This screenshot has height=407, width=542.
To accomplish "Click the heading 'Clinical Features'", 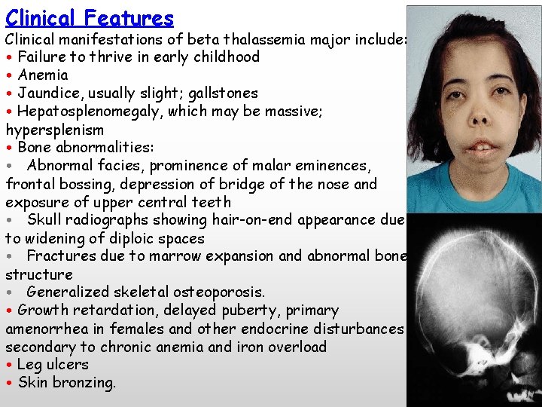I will pos(90,17).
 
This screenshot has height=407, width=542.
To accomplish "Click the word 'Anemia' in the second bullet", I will pos(43,75).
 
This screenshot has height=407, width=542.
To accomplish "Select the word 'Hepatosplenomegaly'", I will pos(90,112).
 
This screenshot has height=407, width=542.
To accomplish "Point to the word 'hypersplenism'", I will pos(54,130).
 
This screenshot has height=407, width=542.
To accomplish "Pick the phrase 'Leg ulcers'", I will pos(53,365).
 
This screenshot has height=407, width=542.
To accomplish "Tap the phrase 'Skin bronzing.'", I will pos(67,383).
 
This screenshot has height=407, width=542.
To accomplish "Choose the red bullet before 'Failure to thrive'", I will pos(9,57).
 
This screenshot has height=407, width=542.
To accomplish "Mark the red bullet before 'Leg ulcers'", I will pos(9,365).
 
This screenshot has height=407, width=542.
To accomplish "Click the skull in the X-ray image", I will pos(470,301).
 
